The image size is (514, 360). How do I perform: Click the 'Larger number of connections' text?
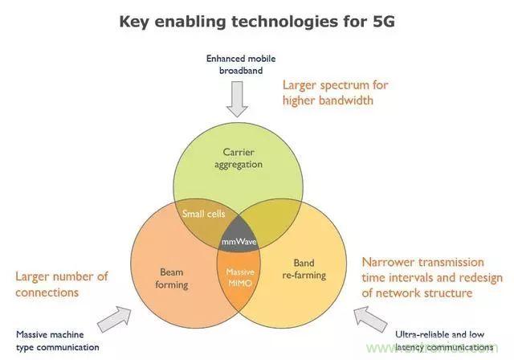tap(61, 284)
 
